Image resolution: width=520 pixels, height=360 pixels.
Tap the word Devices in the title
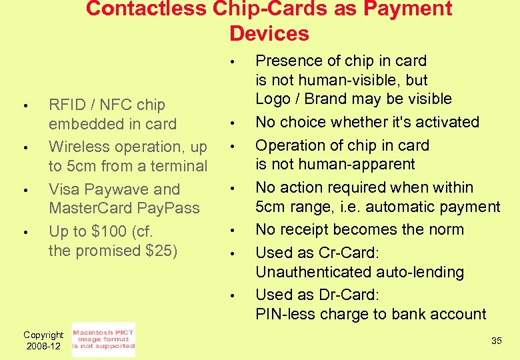269,33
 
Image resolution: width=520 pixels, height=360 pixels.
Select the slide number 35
496,341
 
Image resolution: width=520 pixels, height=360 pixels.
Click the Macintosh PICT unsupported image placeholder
103,339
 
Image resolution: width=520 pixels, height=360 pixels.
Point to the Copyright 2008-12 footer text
43,340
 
